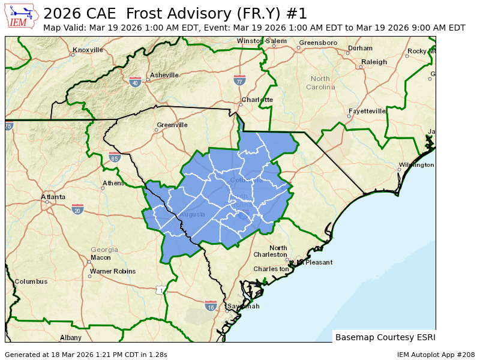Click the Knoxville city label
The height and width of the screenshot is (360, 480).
tap(88, 50)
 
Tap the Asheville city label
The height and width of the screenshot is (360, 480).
tap(164, 75)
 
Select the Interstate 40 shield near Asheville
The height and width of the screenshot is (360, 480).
tap(135, 82)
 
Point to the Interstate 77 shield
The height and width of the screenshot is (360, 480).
tap(239, 80)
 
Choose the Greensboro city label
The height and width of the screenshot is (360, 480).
tap(318, 43)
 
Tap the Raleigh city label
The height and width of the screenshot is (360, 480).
tap(374, 62)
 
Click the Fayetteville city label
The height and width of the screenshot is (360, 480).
tap(367, 111)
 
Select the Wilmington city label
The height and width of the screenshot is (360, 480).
tap(416, 164)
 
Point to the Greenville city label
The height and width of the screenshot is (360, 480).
tap(172, 125)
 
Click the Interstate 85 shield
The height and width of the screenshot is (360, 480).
tap(115, 158)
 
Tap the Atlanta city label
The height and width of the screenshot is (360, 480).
tap(53, 197)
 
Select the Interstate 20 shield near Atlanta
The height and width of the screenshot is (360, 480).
tap(77, 209)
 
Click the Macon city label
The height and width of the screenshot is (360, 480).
tap(100, 258)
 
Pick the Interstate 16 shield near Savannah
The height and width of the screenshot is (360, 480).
tap(210, 306)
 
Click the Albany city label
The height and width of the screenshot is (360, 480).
tap(70, 338)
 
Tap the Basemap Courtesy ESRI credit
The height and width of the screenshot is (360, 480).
tap(385, 337)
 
